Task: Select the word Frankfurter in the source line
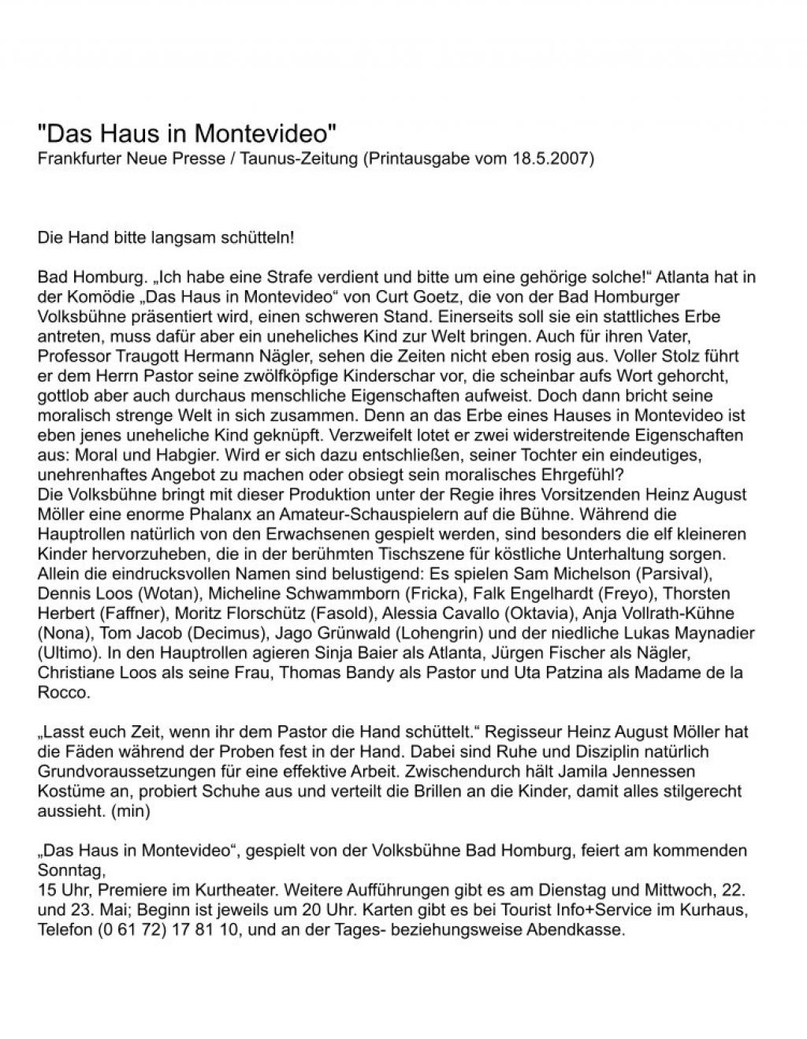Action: (x=76, y=158)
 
